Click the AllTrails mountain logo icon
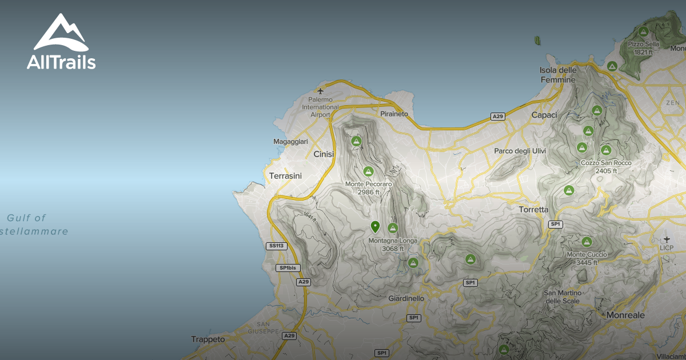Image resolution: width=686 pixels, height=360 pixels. pos(61,33)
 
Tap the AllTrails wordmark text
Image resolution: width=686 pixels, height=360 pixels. pos(61,62)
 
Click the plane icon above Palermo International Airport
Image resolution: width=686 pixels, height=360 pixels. pos(320,91)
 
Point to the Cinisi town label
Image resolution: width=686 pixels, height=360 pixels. pos(325,154)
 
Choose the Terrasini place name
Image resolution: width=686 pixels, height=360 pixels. pos(285,176)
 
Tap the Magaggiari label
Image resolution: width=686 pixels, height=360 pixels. pos(290,142)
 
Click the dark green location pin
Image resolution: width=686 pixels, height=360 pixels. pos(375,227)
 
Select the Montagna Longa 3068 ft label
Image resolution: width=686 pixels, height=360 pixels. pos(393,245)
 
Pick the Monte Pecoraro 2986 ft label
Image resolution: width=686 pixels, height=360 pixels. pos(369,188)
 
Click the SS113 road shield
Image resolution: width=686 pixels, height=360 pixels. pos(276,246)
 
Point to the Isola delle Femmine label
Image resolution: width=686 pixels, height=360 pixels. pos(558,75)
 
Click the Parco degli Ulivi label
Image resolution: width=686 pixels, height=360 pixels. pos(520,151)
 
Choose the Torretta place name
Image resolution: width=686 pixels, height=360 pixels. pos(533,210)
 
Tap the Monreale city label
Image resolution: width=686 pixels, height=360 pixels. pos(625,315)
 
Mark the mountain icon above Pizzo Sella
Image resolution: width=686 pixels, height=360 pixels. pos(643,31)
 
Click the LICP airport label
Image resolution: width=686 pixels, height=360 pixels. pos(667,247)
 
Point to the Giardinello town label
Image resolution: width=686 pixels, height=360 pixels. pos(406,298)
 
